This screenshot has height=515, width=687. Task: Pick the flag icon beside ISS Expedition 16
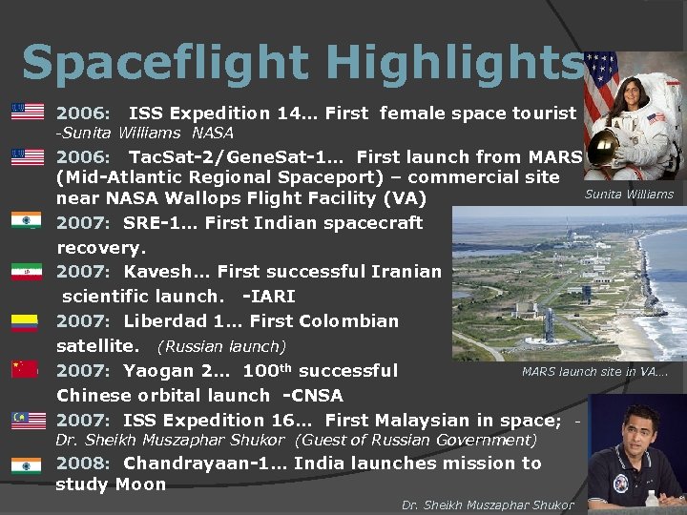click(x=27, y=420)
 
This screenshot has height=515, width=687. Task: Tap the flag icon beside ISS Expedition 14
click(x=27, y=112)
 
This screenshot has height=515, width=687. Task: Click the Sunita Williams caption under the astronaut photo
click(x=629, y=195)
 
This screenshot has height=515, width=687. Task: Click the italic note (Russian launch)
click(x=221, y=346)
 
